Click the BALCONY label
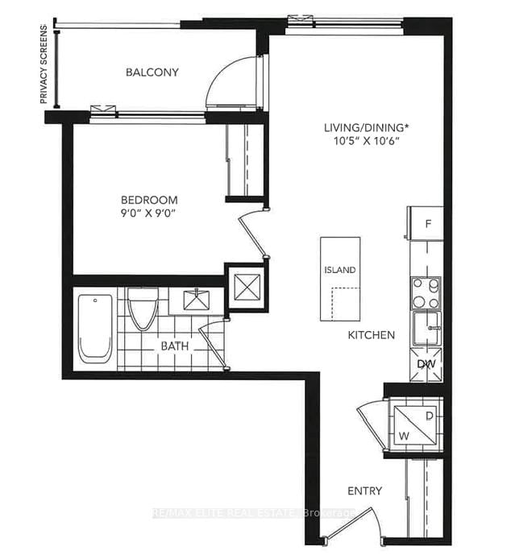152,72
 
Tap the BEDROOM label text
149,200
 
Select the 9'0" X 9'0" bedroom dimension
148,213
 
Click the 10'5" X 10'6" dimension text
366,141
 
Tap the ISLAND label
339,270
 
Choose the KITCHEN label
372,335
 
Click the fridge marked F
426,224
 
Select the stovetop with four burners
426,293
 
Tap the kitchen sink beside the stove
427,329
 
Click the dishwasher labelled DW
426,364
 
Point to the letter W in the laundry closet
404,436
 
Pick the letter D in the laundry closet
430,416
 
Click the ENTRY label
364,491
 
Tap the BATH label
175,346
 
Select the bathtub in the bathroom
95,329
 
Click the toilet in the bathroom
143,308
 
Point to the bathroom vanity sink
196,300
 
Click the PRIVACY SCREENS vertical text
44,64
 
